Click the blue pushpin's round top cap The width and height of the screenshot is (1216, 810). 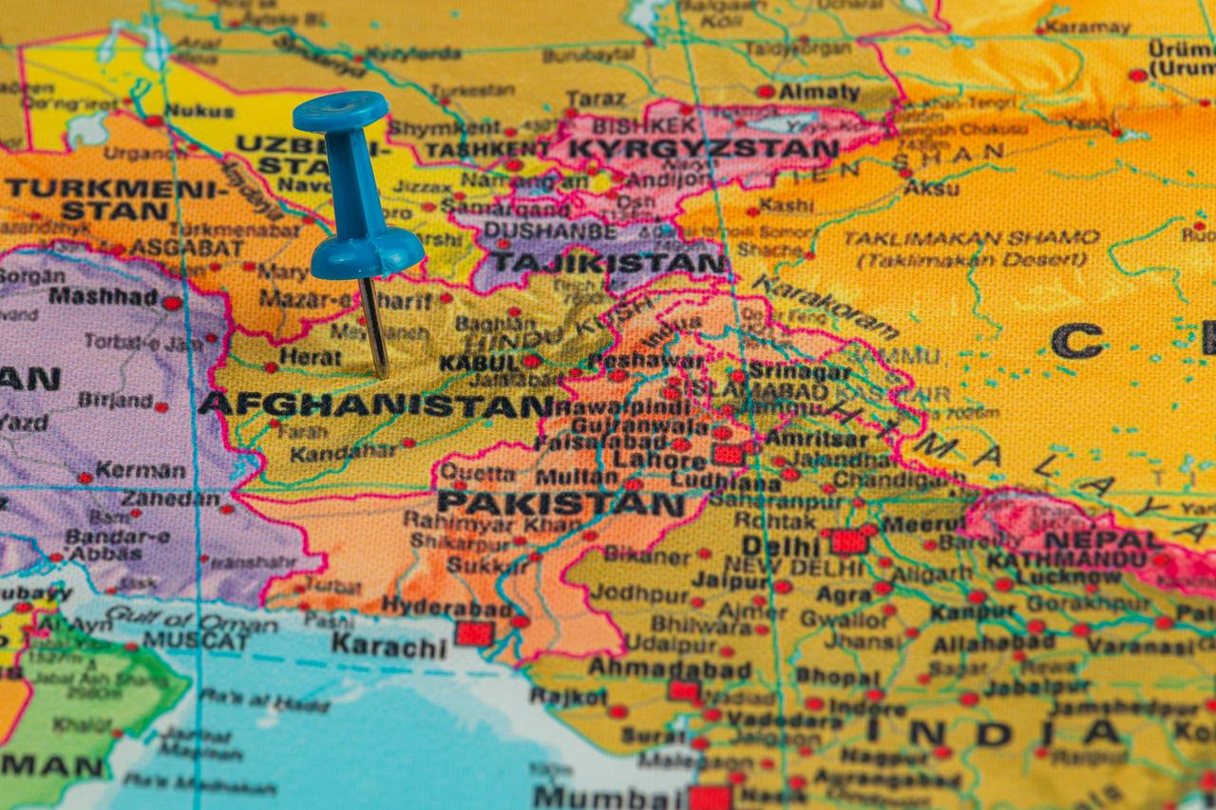pyautogui.click(x=340, y=111)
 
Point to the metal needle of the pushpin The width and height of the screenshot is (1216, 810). pyautogui.click(x=374, y=328)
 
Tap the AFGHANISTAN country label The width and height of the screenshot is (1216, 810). pyautogui.click(x=375, y=405)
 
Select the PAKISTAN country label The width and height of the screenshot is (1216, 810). pyautogui.click(x=560, y=503)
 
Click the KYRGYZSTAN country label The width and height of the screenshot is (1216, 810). pyautogui.click(x=703, y=149)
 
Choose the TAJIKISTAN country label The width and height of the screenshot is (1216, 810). pyautogui.click(x=608, y=260)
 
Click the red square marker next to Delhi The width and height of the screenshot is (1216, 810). pyautogui.click(x=847, y=541)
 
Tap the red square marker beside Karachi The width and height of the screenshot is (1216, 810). pyautogui.click(x=473, y=633)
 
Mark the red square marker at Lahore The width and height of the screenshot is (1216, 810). pyautogui.click(x=728, y=455)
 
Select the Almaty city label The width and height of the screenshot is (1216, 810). pyautogui.click(x=819, y=92)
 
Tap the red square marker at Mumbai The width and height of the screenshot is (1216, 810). pyautogui.click(x=709, y=798)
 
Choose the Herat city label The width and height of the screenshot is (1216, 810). pyautogui.click(x=310, y=358)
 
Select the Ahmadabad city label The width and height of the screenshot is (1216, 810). pyautogui.click(x=670, y=668)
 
